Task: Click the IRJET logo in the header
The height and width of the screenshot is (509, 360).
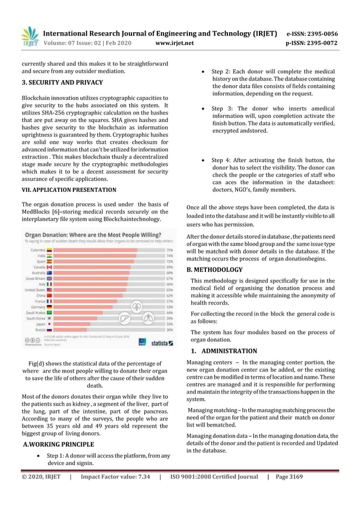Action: (x=30, y=37)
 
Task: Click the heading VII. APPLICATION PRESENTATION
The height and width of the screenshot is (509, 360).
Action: (x=69, y=190)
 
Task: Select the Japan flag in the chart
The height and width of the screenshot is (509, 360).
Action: (x=50, y=324)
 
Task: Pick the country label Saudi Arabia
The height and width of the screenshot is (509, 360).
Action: (x=36, y=312)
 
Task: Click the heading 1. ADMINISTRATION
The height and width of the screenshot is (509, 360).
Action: (x=225, y=351)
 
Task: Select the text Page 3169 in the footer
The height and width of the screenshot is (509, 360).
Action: (x=289, y=477)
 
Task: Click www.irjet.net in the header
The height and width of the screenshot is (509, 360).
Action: (x=174, y=43)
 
